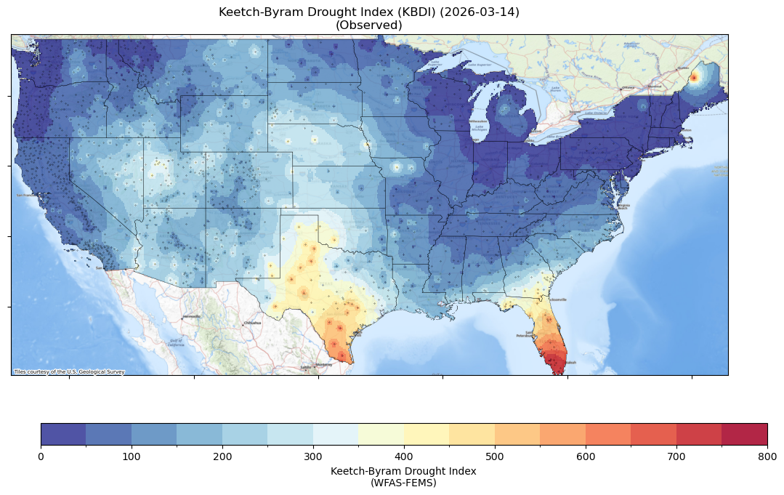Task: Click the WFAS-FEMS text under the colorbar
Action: [403, 482]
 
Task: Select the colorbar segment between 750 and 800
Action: [745, 434]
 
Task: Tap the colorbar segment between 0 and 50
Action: [63, 434]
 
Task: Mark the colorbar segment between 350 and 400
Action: [381, 434]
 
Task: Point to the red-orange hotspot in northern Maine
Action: [694, 77]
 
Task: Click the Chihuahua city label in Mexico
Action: [252, 322]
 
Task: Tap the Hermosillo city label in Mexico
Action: [191, 317]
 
